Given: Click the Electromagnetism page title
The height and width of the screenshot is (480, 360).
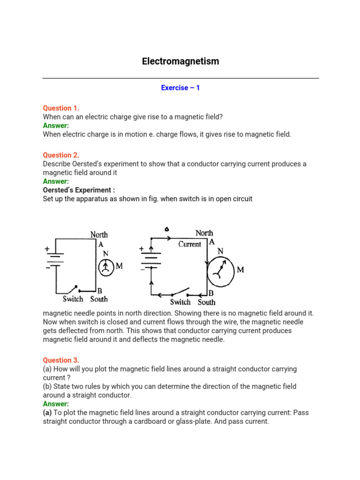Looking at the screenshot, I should pos(180,61).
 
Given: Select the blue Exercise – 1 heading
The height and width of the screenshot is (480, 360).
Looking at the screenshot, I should pos(180,88).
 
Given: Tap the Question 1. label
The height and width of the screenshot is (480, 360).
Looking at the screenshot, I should pos(61,108).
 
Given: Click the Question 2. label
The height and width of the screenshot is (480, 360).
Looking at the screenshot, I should pos(61,155).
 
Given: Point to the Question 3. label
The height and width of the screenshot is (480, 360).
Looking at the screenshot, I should pos(61,360).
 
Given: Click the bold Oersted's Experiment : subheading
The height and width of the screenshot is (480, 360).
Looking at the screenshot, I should pos(79,190).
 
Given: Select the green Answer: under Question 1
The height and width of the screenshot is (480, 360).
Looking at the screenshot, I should pos(56,126).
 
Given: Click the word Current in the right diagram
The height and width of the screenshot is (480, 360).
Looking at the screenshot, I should pos(190,244).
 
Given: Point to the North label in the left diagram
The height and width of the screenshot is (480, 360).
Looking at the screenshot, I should pos(99,234).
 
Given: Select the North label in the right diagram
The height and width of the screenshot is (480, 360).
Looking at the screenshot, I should pos(204,233).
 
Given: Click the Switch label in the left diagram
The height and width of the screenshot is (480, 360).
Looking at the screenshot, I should pos(73,299).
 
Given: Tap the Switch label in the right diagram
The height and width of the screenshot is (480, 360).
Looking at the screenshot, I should pos(180,302).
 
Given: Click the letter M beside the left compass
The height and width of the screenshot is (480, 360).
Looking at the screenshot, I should pos(119,266).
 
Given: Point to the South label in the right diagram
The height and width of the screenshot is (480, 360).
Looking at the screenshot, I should pos(206,302).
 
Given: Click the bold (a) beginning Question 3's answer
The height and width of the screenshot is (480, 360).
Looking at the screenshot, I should pos(47,412).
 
